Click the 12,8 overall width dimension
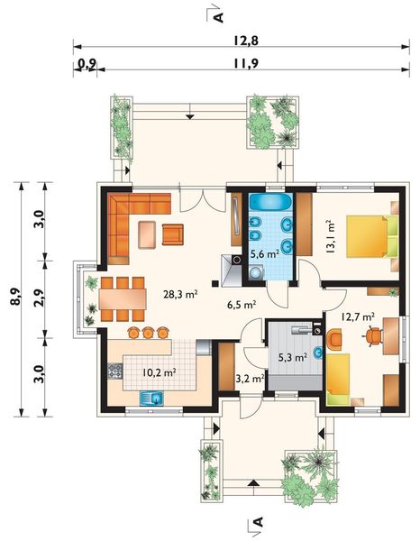(246, 41)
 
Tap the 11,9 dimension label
(246, 63)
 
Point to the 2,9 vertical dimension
(40, 298)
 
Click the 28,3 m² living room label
(180, 294)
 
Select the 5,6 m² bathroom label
(264, 254)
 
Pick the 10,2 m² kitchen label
(160, 372)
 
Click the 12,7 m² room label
(358, 316)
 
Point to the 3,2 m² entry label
(250, 379)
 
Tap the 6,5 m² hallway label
(242, 305)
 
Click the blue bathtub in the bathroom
(270, 202)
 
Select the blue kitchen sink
(152, 398)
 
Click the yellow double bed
(372, 236)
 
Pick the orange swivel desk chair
(374, 335)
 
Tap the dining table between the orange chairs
(123, 298)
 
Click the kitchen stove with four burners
(115, 371)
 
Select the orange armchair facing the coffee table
(173, 234)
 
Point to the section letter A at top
(218, 17)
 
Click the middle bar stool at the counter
(148, 332)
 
